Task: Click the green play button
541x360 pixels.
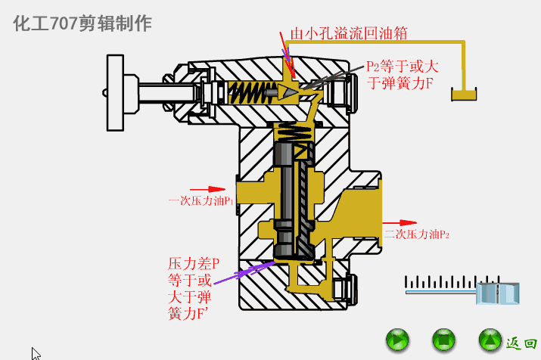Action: coord(396,340)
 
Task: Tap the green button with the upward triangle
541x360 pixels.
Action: coord(490,340)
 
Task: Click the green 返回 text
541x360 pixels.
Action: coord(521,343)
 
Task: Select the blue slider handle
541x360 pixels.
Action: coord(498,292)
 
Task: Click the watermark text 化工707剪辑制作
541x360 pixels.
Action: coord(82,23)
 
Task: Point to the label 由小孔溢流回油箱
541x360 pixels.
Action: coord(349,33)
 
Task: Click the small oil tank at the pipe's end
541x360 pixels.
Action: coord(463,95)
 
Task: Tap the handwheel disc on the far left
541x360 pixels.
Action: coord(116,92)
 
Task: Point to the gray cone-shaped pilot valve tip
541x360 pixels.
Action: coord(287,92)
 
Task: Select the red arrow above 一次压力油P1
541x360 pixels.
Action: coord(207,189)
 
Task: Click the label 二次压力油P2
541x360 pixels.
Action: coord(416,234)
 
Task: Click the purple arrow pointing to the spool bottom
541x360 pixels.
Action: coord(242,272)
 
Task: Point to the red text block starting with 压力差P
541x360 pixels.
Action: coord(193,288)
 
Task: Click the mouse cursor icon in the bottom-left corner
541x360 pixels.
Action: coord(36,353)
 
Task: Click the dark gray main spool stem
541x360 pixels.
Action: coord(285,189)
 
